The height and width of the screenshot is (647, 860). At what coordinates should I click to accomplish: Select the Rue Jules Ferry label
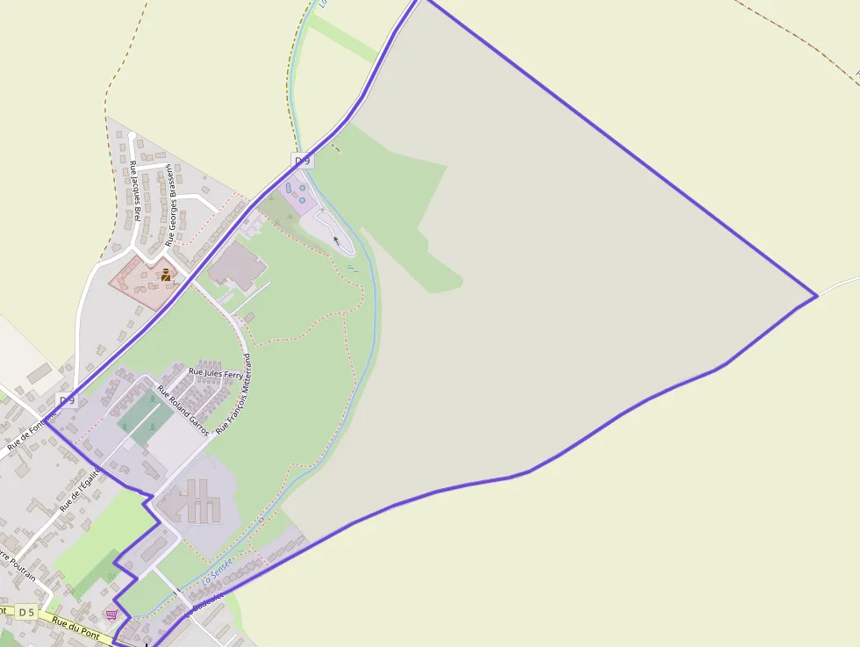pyautogui.click(x=216, y=374)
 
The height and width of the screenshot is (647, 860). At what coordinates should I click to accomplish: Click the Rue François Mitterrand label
pyautogui.click(x=234, y=392)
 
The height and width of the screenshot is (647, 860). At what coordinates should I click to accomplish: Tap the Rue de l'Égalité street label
pyautogui.click(x=81, y=490)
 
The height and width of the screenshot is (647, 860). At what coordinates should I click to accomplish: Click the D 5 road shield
pyautogui.click(x=26, y=612)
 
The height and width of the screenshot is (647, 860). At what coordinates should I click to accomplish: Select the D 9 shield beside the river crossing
pyautogui.click(x=302, y=161)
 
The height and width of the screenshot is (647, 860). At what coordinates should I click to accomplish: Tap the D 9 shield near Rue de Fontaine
pyautogui.click(x=67, y=400)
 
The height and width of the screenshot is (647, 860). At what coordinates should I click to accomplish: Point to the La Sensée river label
pyautogui.click(x=218, y=574)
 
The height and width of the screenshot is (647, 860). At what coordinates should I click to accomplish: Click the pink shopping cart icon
pyautogui.click(x=111, y=615)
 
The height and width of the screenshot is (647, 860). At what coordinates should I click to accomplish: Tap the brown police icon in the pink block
pyautogui.click(x=165, y=275)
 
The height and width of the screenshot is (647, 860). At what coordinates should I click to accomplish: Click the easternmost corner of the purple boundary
pyautogui.click(x=817, y=296)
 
